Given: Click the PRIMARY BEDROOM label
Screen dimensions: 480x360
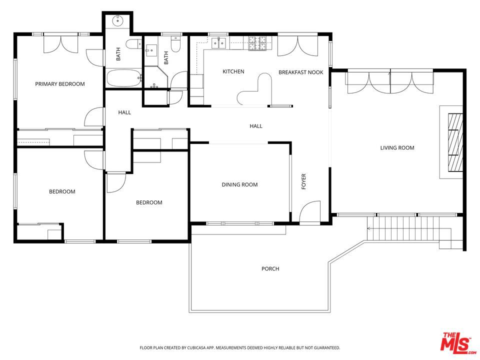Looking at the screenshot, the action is tap(60, 84).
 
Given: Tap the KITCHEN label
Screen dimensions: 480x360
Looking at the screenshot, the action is tap(233, 71).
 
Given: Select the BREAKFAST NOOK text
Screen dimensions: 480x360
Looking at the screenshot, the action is tap(301, 72).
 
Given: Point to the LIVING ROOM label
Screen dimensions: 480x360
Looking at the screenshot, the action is tap(397, 148).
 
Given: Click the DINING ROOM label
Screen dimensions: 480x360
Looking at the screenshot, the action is tap(239, 184).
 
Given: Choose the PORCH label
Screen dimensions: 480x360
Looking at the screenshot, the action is tap(270, 269).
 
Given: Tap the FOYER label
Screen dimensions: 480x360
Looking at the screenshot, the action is tap(303, 181).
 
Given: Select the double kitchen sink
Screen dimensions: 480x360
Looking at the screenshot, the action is tap(218, 43).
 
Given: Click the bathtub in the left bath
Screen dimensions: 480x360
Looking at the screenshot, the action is tap(123, 78).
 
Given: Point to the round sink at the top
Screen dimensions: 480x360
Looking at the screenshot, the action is tap(117, 21).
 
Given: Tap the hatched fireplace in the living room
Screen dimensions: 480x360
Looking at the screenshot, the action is tap(455, 142).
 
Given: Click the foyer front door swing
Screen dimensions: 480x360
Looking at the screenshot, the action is tap(310, 212).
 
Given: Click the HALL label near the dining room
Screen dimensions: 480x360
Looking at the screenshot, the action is tap(256, 126).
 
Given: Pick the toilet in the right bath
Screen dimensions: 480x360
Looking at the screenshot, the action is tap(175, 44).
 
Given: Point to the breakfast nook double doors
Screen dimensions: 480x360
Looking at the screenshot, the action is tap(297, 46).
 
